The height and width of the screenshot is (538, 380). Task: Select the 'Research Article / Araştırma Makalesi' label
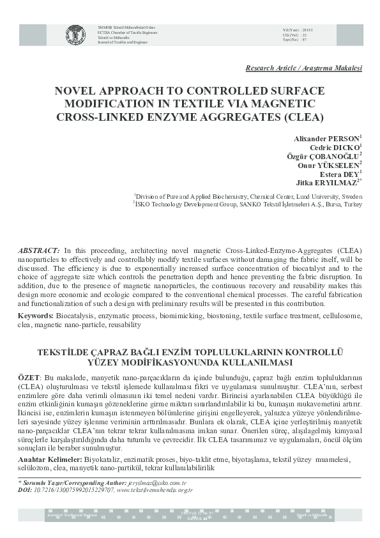tap(303, 68)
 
